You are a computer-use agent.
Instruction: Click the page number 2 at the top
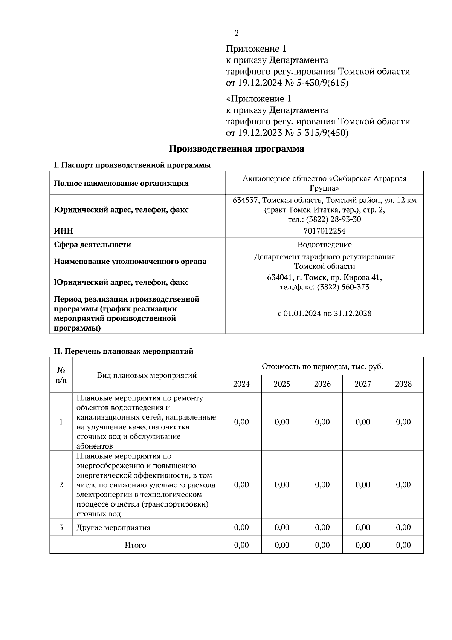pyautogui.click(x=236, y=33)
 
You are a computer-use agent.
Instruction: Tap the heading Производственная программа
pyautogui.click(x=236, y=149)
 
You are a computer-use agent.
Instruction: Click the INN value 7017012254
pyautogui.click(x=324, y=231)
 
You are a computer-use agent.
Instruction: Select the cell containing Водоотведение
pyautogui.click(x=324, y=244)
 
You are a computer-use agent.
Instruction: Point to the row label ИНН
pyautogui.click(x=64, y=231)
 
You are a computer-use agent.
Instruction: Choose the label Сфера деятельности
pyautogui.click(x=93, y=244)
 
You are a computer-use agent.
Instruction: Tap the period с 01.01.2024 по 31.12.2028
pyautogui.click(x=324, y=313)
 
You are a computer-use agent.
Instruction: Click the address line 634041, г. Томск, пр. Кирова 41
pyautogui.click(x=324, y=277)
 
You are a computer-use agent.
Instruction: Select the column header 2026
pyautogui.click(x=322, y=384)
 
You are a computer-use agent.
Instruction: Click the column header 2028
pyautogui.click(x=403, y=384)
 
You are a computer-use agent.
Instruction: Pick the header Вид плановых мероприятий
pyautogui.click(x=147, y=375)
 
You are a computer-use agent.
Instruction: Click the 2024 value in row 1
pyautogui.click(x=241, y=422)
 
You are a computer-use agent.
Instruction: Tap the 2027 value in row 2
pyautogui.click(x=363, y=484)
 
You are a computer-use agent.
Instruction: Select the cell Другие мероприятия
pyautogui.click(x=113, y=527)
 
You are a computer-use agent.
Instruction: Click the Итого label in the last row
pyautogui.click(x=135, y=545)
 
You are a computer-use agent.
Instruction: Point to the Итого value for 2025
pyautogui.click(x=282, y=545)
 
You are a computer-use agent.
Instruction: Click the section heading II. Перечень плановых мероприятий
pyautogui.click(x=124, y=351)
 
